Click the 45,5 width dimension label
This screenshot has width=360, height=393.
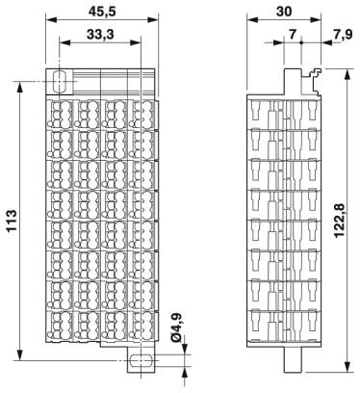pos(102,12)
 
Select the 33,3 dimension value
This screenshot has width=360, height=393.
pos(100,34)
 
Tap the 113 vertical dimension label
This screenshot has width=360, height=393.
pos(12,221)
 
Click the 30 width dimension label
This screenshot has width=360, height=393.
pos(284,12)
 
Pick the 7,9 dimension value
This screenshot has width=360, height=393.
pos(343,34)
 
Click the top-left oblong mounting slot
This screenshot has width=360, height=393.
pos(59,82)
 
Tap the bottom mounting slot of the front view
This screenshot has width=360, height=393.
pos(141,360)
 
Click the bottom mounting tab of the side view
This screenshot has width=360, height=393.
pos(294,359)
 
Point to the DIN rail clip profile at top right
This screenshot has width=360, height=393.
pos(313,82)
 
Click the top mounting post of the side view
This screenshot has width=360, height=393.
pos(294,82)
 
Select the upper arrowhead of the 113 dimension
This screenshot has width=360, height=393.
pos(20,88)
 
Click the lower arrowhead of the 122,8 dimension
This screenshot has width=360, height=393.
pos(347,366)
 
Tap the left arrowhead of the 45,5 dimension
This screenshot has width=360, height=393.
pos(52,20)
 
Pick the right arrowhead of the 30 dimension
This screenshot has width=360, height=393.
pos(315,20)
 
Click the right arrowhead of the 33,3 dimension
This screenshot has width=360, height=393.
pos(135,42)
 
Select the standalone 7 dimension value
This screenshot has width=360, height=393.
pos(293,34)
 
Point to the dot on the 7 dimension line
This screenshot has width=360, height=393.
pos(301,42)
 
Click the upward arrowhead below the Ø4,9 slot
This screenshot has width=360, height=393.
pos(185,373)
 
